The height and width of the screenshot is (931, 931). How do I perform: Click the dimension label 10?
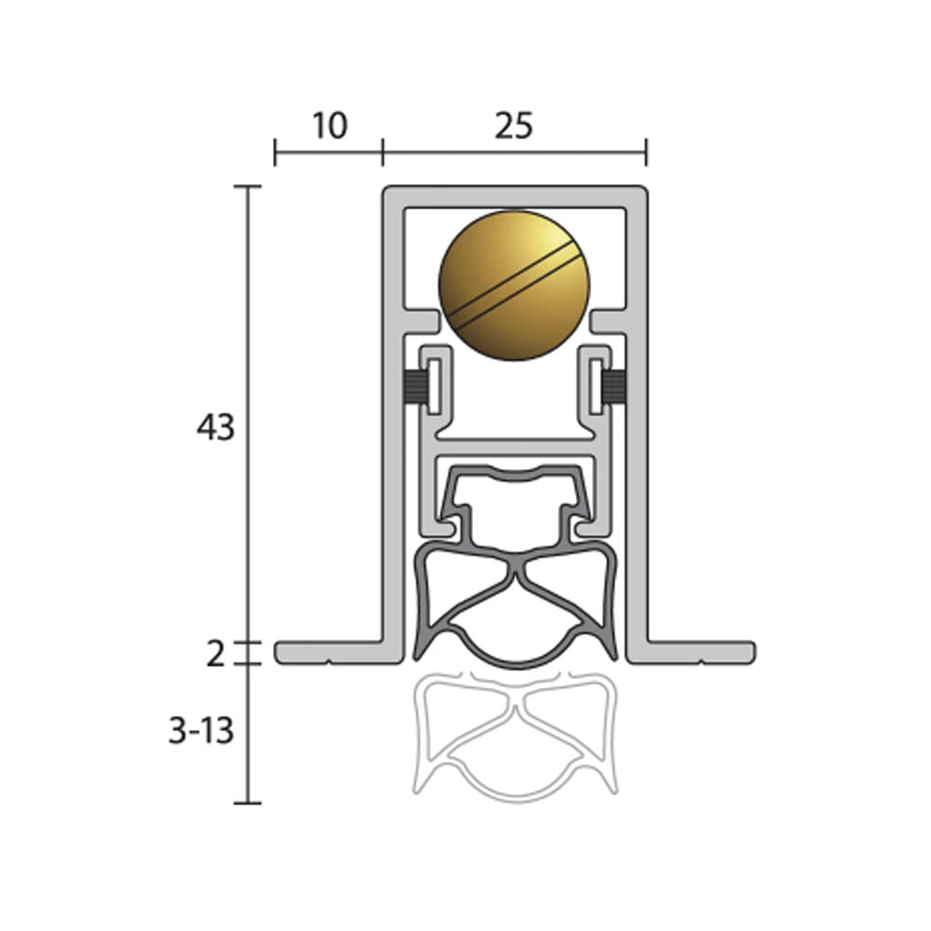pos(329,126)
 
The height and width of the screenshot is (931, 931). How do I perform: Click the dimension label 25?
pos(514,126)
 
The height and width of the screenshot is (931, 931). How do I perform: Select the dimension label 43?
pos(216,427)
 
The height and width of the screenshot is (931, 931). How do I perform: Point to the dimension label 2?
pos(215,654)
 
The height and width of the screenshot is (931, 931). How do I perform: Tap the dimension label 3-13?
pos(201,731)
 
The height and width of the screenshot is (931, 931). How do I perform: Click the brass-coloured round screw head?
pos(514,285)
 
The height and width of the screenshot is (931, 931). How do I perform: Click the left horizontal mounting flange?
pos(329,653)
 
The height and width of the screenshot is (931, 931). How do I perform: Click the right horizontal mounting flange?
pos(701,653)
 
